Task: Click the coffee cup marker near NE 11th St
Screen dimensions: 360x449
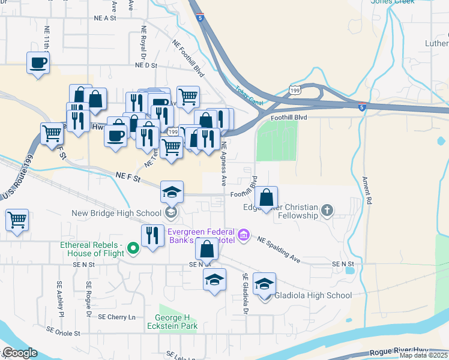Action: tap(37, 62)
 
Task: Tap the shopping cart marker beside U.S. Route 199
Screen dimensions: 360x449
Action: tap(17, 219)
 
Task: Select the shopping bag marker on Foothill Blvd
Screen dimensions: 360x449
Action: tap(266, 196)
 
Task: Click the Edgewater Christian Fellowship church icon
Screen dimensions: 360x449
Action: tap(327, 210)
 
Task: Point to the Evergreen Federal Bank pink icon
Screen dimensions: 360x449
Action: tap(243, 234)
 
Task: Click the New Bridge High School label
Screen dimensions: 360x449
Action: tap(118, 213)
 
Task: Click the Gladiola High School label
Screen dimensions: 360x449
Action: tap(313, 295)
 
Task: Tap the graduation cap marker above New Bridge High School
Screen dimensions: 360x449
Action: tap(172, 192)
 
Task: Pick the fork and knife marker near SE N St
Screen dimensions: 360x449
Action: tap(152, 235)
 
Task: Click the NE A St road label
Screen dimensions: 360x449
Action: tap(104, 19)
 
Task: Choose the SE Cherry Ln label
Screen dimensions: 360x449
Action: tap(117, 317)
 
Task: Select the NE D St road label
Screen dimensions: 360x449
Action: tap(145, 65)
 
